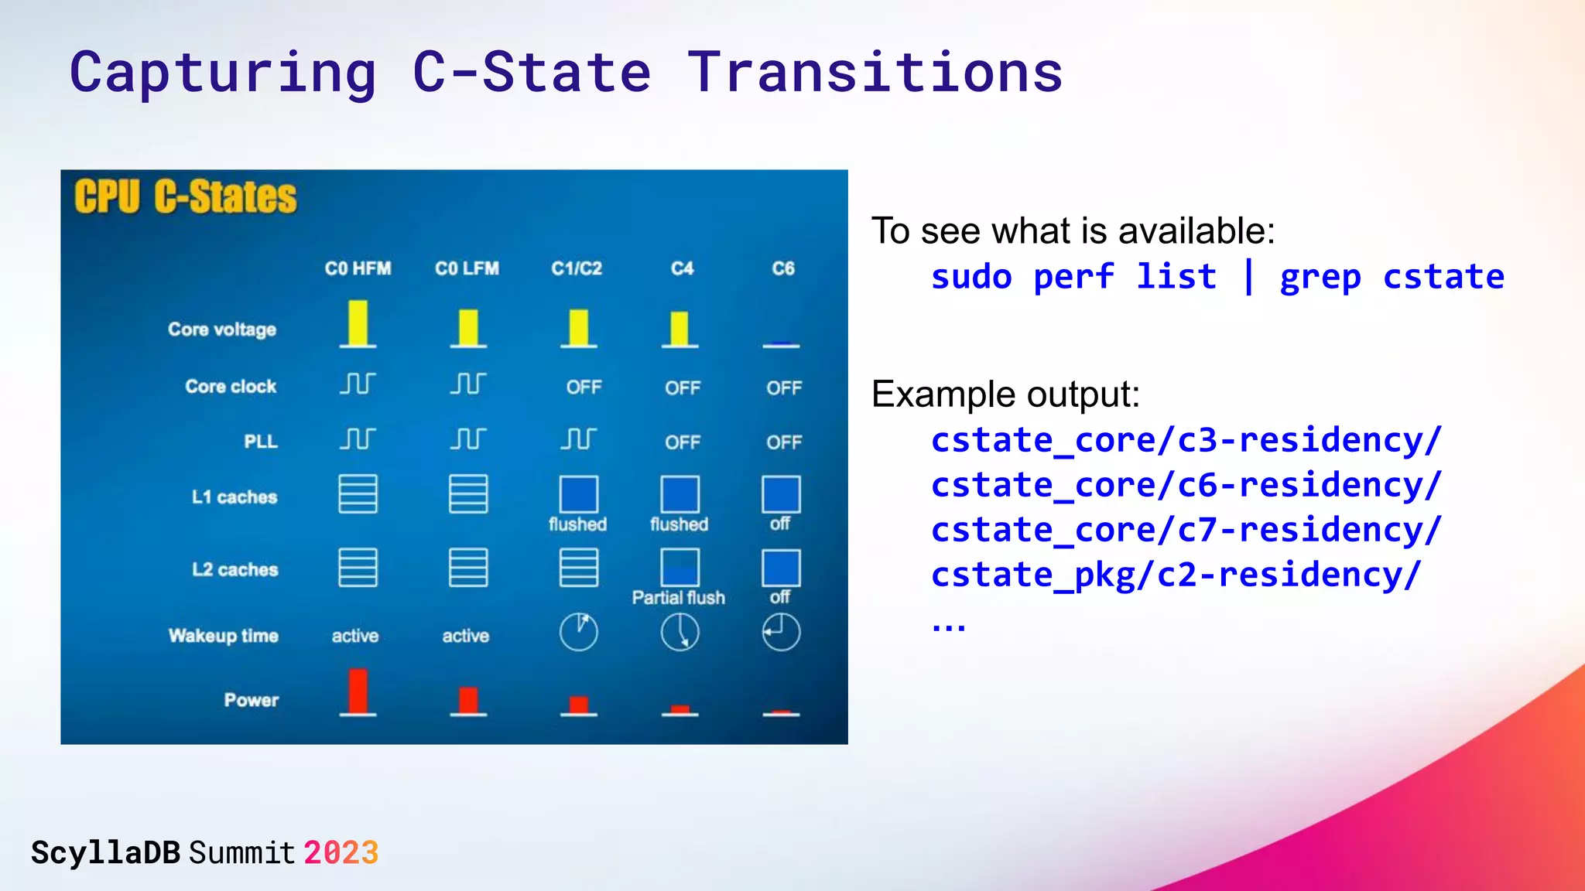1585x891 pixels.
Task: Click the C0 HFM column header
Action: [358, 268]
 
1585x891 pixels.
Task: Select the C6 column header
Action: [782, 268]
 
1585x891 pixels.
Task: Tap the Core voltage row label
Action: [221, 329]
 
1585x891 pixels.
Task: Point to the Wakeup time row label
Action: [223, 636]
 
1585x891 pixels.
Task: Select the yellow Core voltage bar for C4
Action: [679, 328]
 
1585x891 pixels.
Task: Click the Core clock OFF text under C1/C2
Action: [584, 387]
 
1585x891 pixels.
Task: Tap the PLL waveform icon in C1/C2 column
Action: [578, 439]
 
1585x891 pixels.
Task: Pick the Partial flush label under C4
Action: [678, 598]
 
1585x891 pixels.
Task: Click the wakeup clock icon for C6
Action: [780, 632]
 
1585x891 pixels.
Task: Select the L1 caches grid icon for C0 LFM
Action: [467, 494]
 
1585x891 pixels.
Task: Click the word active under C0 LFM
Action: [465, 636]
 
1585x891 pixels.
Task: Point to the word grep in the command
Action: [1320, 277]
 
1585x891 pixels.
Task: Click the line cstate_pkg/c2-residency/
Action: [1176, 575]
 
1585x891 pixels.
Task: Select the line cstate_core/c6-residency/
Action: [1186, 485]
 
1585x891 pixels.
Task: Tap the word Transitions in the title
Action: [875, 72]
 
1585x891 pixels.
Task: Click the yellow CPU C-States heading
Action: [185, 196]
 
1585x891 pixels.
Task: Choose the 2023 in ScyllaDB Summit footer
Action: [341, 853]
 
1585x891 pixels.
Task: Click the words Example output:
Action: [1005, 394]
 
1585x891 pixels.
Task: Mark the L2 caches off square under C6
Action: [780, 568]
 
